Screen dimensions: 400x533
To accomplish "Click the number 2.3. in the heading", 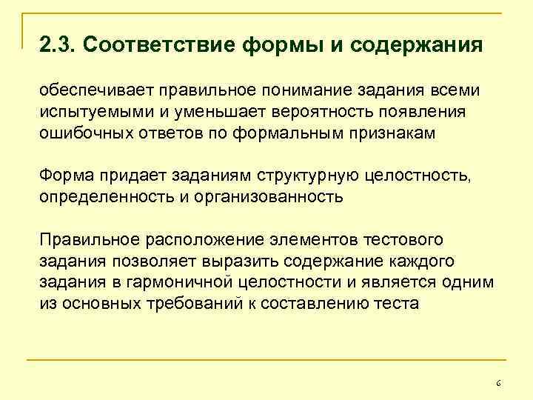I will (58, 46).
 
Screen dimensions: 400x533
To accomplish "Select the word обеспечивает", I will (90, 91).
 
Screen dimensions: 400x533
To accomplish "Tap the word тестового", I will (403, 241).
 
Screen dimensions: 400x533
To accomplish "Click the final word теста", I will (398, 303).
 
